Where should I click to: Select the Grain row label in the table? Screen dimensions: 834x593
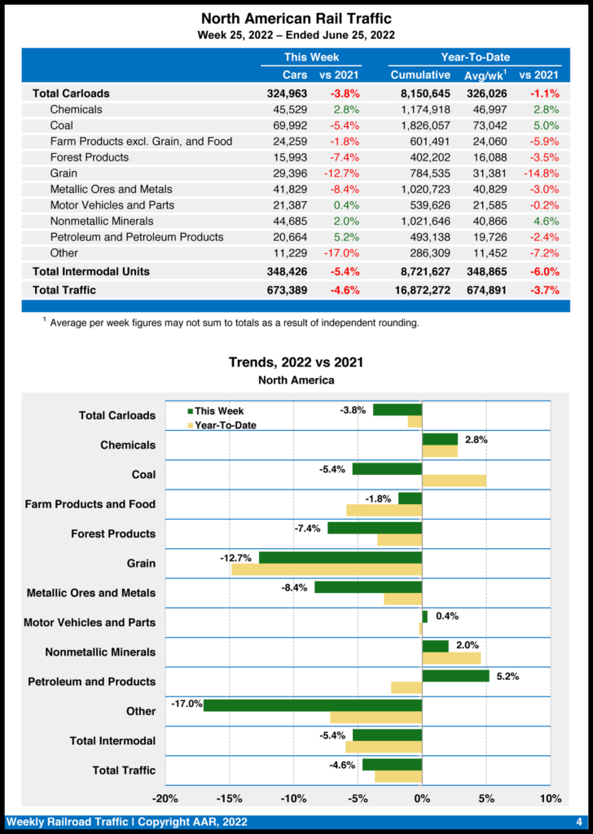click(64, 173)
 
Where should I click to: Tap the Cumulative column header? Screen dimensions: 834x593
click(420, 75)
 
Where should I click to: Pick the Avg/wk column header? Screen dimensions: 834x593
click(486, 75)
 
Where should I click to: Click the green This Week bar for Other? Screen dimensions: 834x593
click(313, 705)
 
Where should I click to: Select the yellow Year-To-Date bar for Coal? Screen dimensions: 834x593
click(454, 481)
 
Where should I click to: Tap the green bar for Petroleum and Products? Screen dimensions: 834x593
click(455, 676)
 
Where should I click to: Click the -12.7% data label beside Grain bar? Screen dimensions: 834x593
click(235, 558)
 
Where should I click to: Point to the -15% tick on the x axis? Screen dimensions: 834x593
click(229, 798)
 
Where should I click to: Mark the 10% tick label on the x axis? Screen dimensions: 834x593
click(551, 798)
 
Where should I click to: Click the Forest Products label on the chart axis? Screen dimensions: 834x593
click(113, 534)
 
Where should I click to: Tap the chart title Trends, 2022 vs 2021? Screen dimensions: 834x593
click(296, 362)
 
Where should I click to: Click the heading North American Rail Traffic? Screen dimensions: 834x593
click(296, 18)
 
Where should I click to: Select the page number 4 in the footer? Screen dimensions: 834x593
click(578, 822)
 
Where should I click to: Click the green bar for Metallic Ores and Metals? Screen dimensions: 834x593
click(368, 587)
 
